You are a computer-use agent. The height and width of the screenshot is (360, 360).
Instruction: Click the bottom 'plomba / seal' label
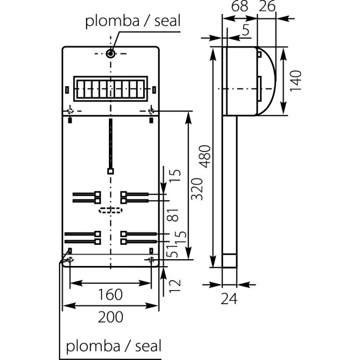(x=113, y=346)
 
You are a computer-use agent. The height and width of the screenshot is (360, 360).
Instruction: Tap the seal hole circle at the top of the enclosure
(x=111, y=54)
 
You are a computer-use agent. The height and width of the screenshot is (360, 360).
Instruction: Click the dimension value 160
(x=110, y=295)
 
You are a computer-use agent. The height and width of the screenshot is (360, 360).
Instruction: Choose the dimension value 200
(x=110, y=317)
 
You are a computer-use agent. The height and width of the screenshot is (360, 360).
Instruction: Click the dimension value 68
(x=240, y=7)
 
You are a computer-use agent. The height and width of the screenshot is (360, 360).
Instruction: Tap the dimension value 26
(x=268, y=7)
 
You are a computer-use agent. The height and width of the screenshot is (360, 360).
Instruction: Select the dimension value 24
(x=229, y=298)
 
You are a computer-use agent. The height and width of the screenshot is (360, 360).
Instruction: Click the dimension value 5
(x=245, y=31)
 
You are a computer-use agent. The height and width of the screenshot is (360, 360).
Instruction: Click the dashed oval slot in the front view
(x=110, y=210)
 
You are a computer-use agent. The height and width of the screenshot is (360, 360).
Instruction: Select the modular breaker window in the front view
(x=110, y=87)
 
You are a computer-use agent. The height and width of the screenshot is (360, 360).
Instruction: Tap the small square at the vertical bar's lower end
(x=110, y=171)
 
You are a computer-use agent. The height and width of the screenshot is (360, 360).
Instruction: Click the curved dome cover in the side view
(x=268, y=81)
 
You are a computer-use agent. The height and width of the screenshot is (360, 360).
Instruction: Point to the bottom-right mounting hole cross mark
(x=151, y=260)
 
